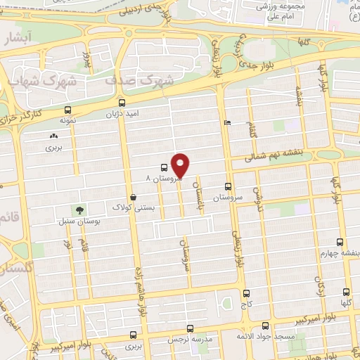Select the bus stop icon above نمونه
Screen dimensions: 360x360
click(x=67, y=110)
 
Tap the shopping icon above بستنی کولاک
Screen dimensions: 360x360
click(x=133, y=197)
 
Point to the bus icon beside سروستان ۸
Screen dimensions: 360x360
click(x=164, y=167)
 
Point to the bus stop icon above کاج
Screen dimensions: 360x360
click(x=245, y=293)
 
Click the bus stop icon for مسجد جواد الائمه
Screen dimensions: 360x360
click(x=265, y=326)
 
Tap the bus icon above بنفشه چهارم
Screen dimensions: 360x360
click(x=340, y=241)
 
